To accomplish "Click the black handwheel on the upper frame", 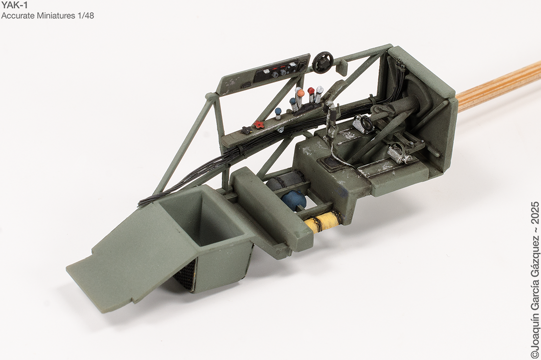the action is pyautogui.click(x=322, y=62).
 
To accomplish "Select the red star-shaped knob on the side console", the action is pyautogui.click(x=259, y=124).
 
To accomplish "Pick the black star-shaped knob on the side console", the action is pyautogui.click(x=247, y=130).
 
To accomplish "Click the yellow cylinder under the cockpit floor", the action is pyautogui.click(x=323, y=219).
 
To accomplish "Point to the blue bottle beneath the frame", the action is pyautogui.click(x=294, y=200).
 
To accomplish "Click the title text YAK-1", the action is pyautogui.click(x=14, y=5).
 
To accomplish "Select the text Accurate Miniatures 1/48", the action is pyautogui.click(x=48, y=16).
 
